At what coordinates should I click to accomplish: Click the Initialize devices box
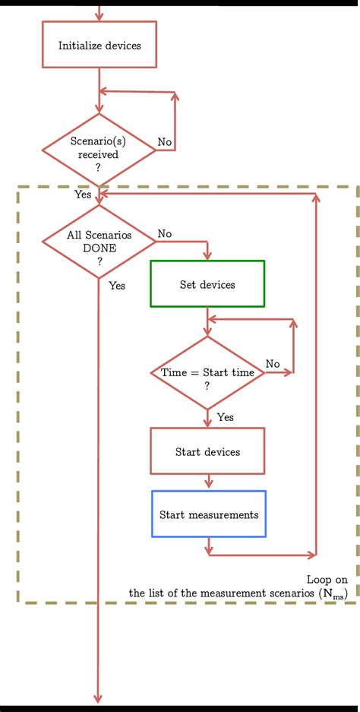(99, 46)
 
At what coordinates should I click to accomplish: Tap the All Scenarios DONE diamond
(99, 242)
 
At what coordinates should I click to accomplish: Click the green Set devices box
(207, 284)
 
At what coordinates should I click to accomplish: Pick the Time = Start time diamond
(207, 373)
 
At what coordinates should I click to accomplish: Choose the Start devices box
(207, 452)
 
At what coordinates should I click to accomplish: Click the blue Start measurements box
(209, 514)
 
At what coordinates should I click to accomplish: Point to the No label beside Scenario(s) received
(164, 142)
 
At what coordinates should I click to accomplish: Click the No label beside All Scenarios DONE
(164, 233)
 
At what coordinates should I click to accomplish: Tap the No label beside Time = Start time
(273, 364)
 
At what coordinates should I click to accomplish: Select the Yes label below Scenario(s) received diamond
(83, 195)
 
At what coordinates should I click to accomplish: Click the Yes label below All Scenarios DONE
(117, 286)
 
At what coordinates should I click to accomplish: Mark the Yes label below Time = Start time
(225, 417)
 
